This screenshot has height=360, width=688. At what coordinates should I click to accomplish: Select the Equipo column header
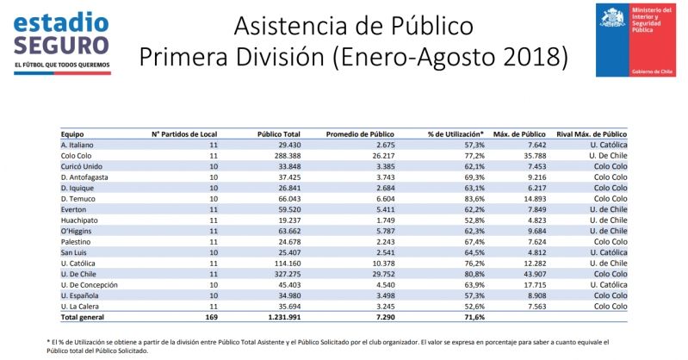[72, 134]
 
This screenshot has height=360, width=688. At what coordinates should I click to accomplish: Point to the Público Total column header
[279, 134]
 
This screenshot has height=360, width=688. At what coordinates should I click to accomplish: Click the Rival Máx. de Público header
[591, 134]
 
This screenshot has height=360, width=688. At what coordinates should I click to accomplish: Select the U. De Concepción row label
[89, 283]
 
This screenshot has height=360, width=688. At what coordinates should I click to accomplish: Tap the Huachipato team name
[79, 220]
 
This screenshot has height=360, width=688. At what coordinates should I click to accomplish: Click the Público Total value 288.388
[284, 156]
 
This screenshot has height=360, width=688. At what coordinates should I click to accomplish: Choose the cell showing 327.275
[284, 273]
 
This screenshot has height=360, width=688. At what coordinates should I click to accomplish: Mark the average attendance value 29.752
[380, 273]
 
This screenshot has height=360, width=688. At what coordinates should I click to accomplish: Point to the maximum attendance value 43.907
[530, 273]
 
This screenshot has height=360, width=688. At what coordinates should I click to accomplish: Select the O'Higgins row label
[77, 230]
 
